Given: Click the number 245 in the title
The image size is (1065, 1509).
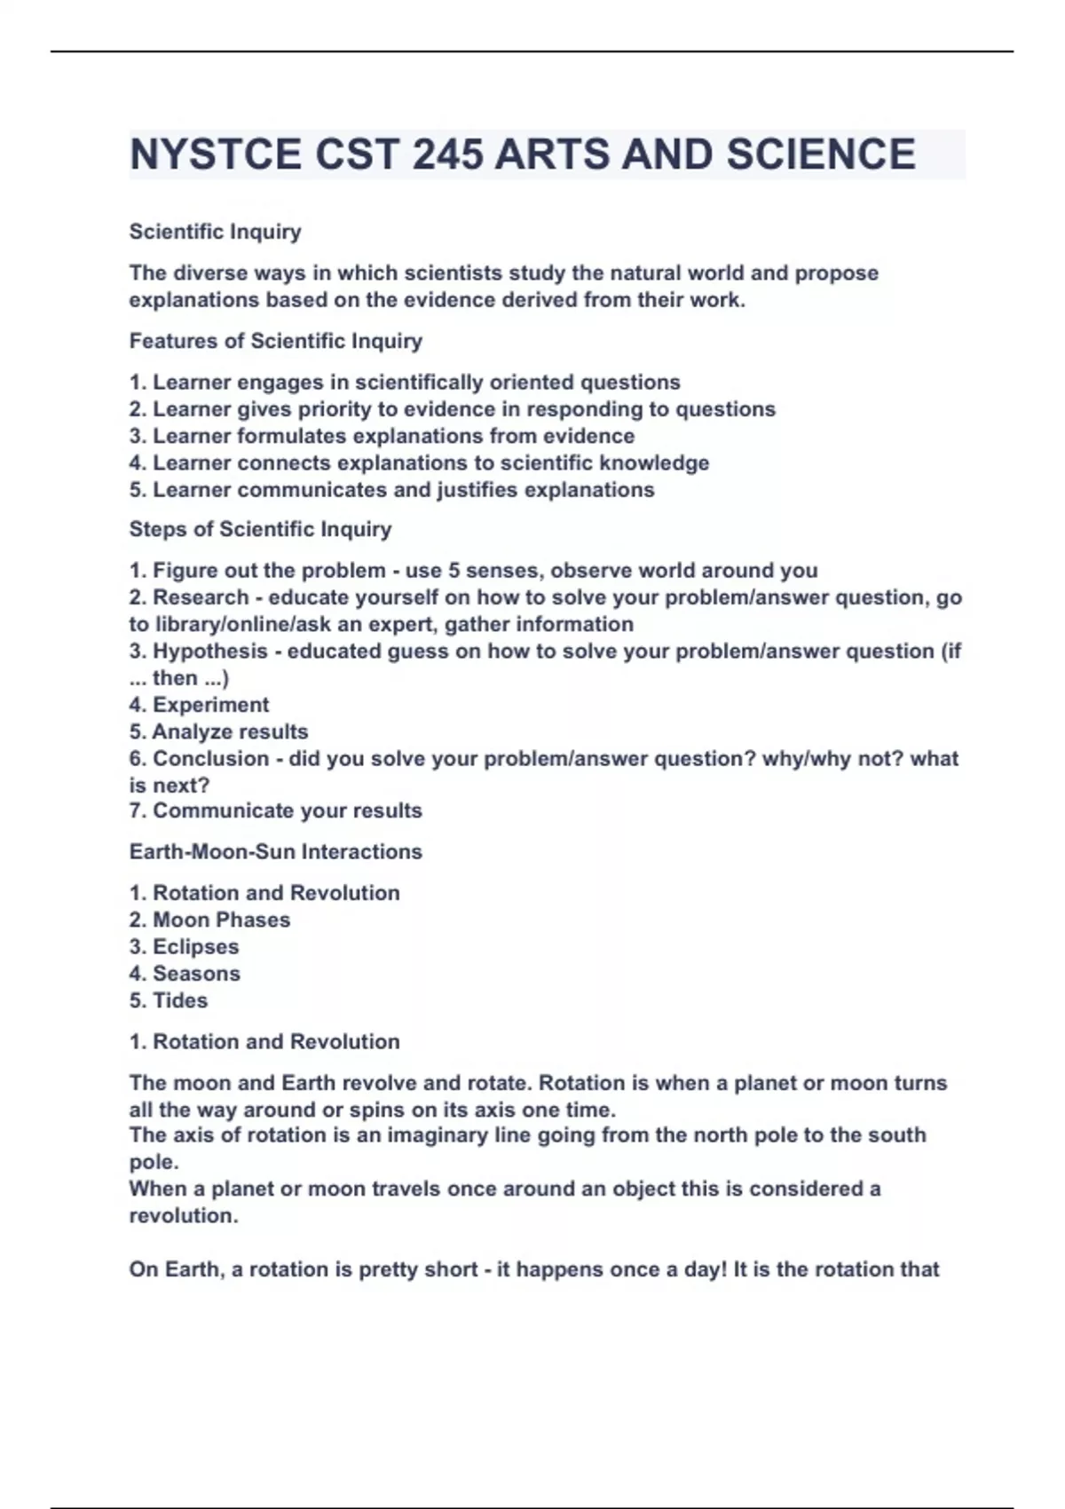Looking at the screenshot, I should [x=448, y=154].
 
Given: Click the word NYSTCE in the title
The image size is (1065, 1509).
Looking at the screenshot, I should [x=216, y=154].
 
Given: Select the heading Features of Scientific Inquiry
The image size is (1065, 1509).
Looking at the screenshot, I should [x=276, y=341].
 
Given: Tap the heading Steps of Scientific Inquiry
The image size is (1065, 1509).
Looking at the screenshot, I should [x=260, y=529].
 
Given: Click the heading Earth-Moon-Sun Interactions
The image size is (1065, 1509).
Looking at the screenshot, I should [x=276, y=851].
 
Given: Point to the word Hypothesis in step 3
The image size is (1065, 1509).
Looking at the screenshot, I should [x=210, y=651].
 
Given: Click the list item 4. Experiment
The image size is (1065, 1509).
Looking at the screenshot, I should [x=199, y=705].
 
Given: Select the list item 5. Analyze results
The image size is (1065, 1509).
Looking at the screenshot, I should [x=218, y=731].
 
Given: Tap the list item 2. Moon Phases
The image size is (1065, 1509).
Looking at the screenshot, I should [x=209, y=920].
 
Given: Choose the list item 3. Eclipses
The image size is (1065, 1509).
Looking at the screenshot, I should [x=184, y=946].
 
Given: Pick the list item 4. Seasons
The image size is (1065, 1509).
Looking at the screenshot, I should [x=185, y=973].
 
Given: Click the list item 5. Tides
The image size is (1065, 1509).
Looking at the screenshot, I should [x=169, y=1000].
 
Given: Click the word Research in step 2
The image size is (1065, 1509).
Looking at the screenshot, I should [x=201, y=597].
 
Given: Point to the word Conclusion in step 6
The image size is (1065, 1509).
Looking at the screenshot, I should [x=211, y=758].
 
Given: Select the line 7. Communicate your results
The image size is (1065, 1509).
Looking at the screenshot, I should [x=275, y=810].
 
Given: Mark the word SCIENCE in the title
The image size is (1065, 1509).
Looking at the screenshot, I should [x=821, y=154].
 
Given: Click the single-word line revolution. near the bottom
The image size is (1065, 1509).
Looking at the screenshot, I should [x=184, y=1215].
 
